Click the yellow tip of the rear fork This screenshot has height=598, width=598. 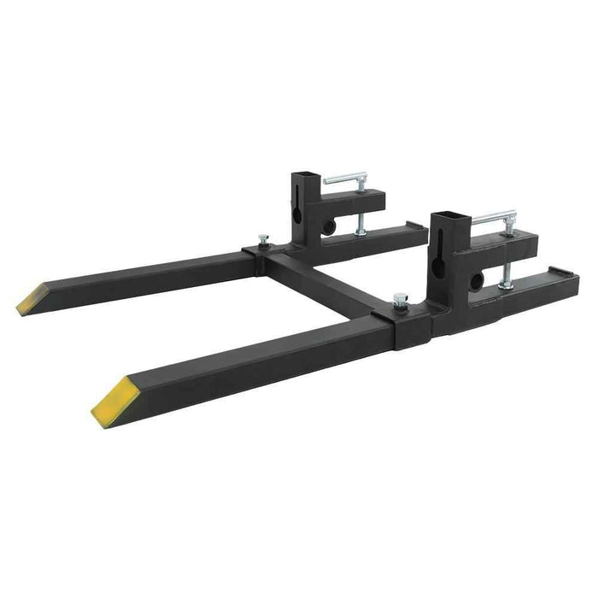point(32,298)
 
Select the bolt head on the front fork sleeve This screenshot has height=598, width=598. point(399,299)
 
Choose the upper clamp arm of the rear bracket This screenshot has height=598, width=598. point(367,202)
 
